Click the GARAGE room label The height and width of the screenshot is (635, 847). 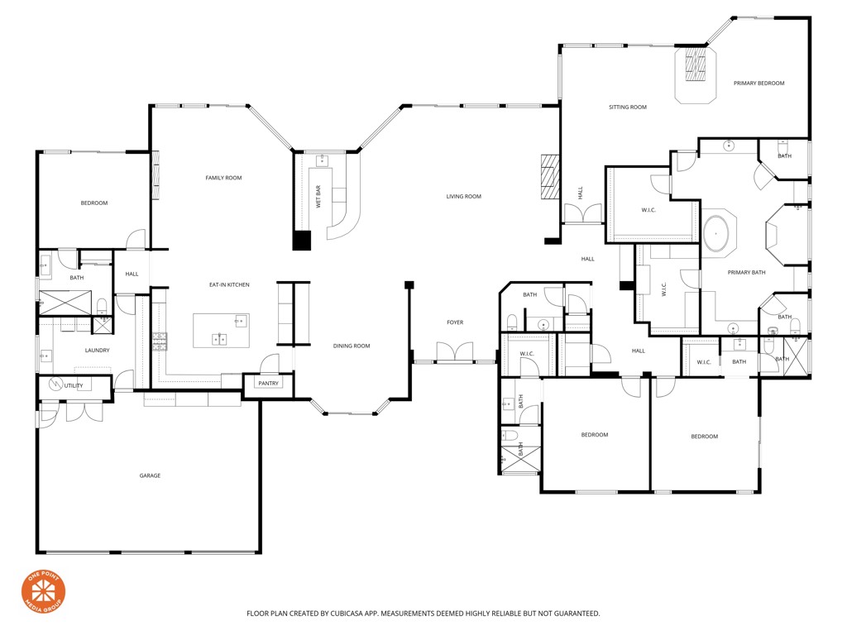150,475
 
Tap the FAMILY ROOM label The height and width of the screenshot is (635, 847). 223,178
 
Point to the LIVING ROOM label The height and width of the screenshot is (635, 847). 463,197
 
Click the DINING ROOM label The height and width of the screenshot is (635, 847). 352,346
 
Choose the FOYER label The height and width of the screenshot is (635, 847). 455,322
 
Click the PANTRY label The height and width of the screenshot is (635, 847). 269,383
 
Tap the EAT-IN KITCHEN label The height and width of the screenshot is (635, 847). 229,285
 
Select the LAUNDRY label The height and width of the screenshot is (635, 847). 97,351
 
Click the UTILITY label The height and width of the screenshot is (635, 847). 74,385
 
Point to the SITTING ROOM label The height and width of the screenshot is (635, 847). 628,107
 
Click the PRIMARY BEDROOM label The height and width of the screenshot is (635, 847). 758,84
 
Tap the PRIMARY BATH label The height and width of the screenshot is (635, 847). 746,273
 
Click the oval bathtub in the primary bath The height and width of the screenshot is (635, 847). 717,234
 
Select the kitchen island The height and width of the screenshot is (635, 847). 221,330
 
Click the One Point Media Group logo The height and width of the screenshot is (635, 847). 43,592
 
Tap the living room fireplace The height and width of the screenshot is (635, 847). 550,177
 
